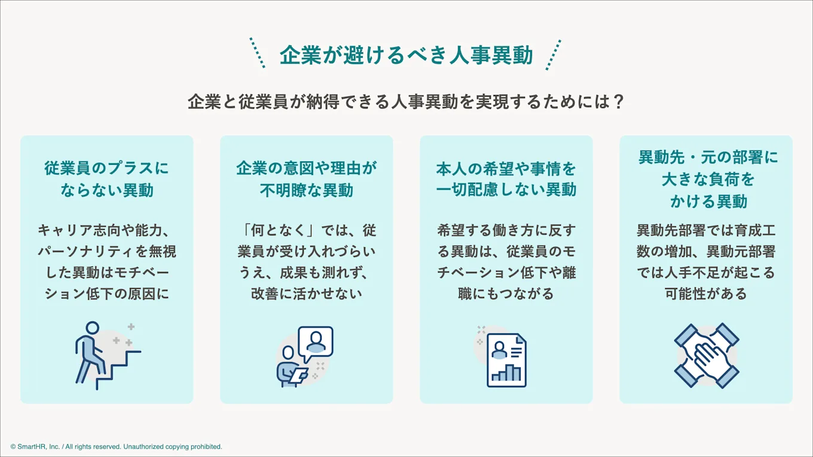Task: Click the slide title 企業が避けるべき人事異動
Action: (x=406, y=56)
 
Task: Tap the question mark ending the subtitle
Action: (x=619, y=102)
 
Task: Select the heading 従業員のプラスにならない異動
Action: (x=106, y=179)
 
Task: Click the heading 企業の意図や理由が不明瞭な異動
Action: (x=306, y=179)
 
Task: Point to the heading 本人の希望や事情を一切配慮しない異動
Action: (x=506, y=179)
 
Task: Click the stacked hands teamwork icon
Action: (x=707, y=356)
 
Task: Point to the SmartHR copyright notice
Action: (x=116, y=446)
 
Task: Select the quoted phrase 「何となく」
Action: (x=277, y=230)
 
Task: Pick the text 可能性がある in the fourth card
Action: (x=706, y=294)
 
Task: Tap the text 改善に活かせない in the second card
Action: (x=306, y=294)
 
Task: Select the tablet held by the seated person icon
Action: (x=297, y=375)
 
